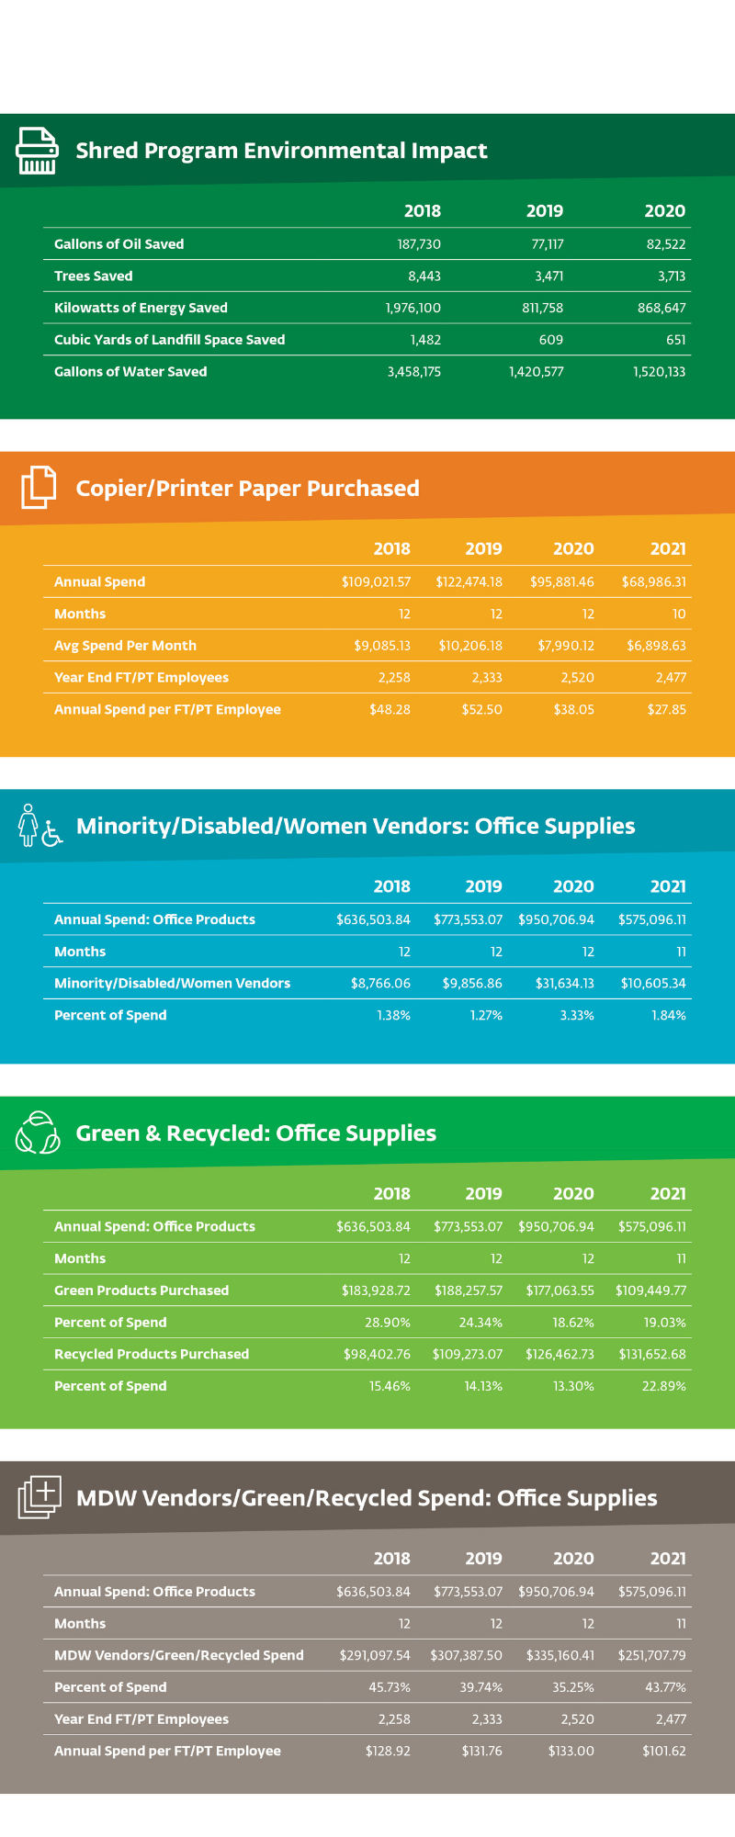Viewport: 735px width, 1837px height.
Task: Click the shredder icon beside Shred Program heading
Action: [x=37, y=151]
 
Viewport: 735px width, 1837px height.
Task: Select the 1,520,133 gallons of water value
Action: [x=659, y=372]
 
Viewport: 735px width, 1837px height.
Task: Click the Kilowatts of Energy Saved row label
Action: [x=141, y=308]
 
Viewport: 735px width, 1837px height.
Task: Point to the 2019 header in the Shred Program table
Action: [x=544, y=211]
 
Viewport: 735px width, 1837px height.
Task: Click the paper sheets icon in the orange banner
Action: [x=39, y=487]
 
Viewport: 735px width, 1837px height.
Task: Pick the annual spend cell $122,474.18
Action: [x=469, y=582]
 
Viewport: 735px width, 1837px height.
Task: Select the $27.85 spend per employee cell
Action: [x=665, y=710]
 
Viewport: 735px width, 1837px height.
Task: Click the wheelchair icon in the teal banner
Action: [x=52, y=833]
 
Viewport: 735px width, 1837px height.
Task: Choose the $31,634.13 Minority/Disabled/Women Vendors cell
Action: [x=564, y=984]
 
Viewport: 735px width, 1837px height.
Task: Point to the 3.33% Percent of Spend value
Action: [x=577, y=1016]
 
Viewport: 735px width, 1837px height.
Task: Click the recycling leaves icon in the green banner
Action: [x=38, y=1133]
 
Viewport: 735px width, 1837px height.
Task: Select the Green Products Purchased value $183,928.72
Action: [x=376, y=1290]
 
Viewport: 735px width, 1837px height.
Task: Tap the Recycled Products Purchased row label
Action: [x=152, y=1354]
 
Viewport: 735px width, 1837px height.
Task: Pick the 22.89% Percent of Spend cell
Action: [x=663, y=1386]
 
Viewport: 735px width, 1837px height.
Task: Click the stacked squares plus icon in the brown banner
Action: [x=40, y=1497]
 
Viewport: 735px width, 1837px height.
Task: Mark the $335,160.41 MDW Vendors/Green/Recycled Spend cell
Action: [x=560, y=1655]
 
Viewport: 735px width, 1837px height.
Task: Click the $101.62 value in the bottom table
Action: [x=663, y=1751]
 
